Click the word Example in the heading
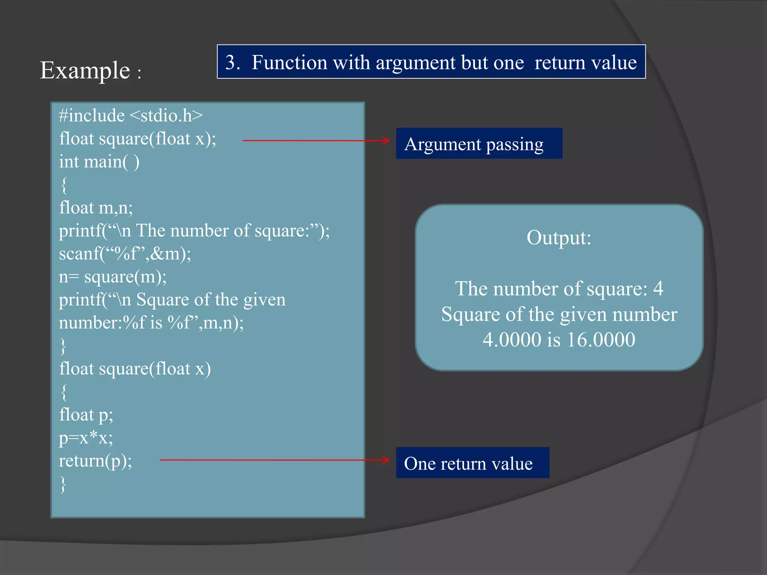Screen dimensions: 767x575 pos(85,70)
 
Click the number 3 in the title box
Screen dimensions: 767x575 pos(232,62)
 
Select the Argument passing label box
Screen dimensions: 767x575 pos(479,144)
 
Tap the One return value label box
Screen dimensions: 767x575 pos(472,463)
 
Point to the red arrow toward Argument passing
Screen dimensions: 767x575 pos(316,141)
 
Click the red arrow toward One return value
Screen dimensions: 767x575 pos(275,460)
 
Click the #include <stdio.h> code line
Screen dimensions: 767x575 pos(131,116)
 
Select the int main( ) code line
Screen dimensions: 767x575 pos(99,162)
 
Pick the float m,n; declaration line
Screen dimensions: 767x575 pos(96,208)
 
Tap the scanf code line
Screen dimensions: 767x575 pos(125,254)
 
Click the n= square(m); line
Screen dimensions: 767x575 pos(113,277)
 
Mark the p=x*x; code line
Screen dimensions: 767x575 pos(86,438)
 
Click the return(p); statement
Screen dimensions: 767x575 pos(96,461)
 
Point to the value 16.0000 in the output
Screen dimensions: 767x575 pos(601,340)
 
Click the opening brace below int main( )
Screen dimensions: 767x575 pos(64,185)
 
